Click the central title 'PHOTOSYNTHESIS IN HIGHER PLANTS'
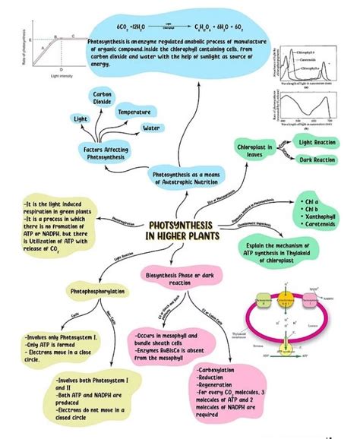point(180,231)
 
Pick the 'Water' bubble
point(151,128)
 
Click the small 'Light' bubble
point(81,118)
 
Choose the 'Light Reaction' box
point(317,142)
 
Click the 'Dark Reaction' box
point(317,159)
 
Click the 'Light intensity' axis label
point(61,77)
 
